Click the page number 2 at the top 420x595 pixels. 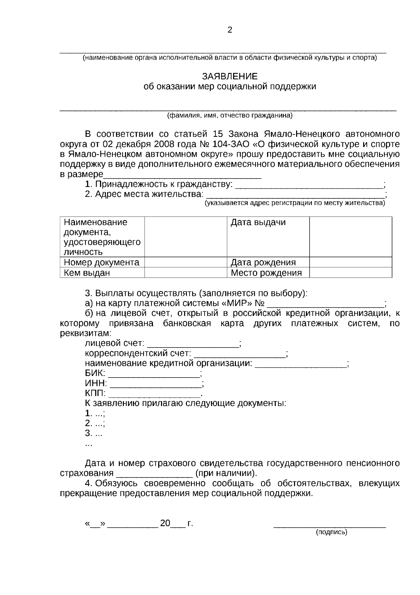(x=230, y=30)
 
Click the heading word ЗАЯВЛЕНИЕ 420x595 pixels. (x=230, y=76)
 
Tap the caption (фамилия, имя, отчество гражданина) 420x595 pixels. (x=230, y=115)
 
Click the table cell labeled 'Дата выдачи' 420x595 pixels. (x=258, y=222)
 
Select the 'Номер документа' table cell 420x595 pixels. (x=101, y=262)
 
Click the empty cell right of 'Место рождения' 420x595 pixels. (x=350, y=273)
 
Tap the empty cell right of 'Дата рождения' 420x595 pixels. (x=350, y=262)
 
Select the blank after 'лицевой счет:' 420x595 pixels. (x=195, y=344)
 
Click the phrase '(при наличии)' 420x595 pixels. (x=226, y=473)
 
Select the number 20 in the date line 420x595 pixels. (x=165, y=523)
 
